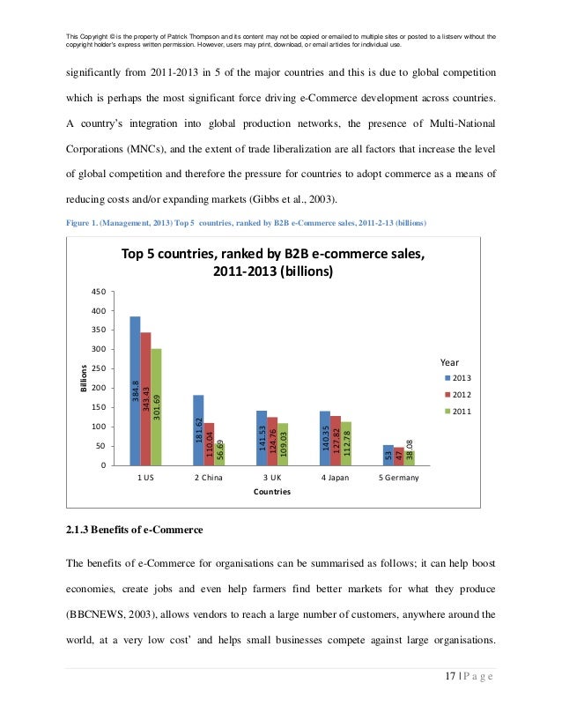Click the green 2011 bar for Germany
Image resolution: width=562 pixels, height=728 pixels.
409,457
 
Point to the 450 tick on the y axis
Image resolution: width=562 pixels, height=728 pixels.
99,292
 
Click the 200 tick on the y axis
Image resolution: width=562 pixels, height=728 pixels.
99,388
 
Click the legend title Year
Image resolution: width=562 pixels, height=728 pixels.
449,361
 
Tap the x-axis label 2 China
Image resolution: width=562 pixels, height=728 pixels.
209,478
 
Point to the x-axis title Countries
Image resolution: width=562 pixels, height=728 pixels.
272,493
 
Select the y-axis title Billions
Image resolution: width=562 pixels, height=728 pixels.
84,380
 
